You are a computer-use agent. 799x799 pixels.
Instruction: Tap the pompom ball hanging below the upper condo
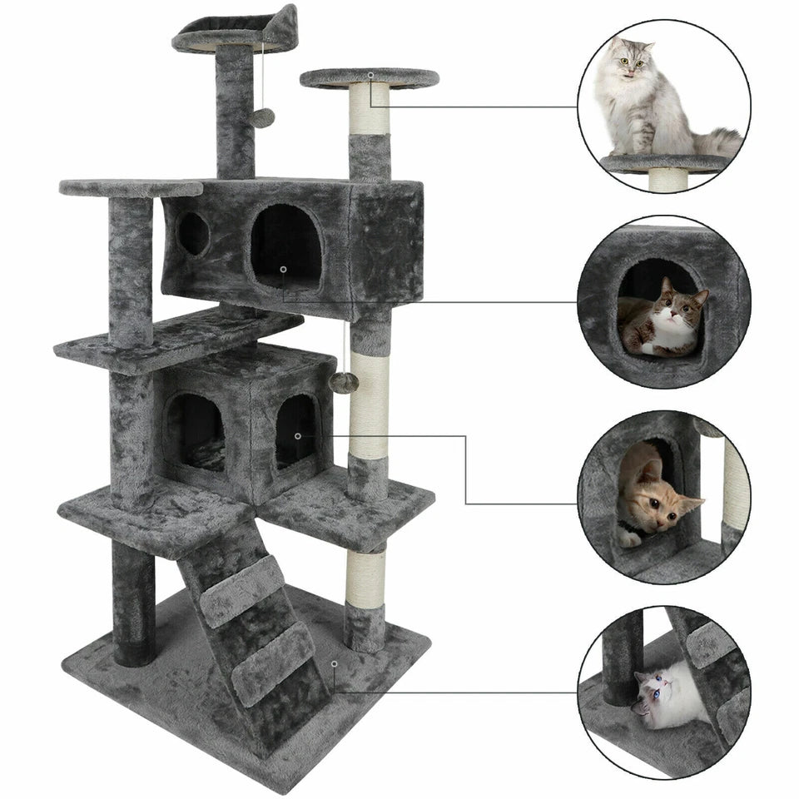coord(344,383)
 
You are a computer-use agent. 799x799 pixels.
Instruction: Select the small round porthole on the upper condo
coord(193,234)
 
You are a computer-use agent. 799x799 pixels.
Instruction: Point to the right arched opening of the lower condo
coord(297,430)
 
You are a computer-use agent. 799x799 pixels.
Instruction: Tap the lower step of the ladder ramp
coord(273,661)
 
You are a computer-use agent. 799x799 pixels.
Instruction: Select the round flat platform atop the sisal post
coord(369,78)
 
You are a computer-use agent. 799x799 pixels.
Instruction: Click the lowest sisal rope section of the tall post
coord(366,578)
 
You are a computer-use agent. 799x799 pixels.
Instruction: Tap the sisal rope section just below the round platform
coord(369,109)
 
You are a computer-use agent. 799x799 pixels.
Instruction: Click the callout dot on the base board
coord(334,663)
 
